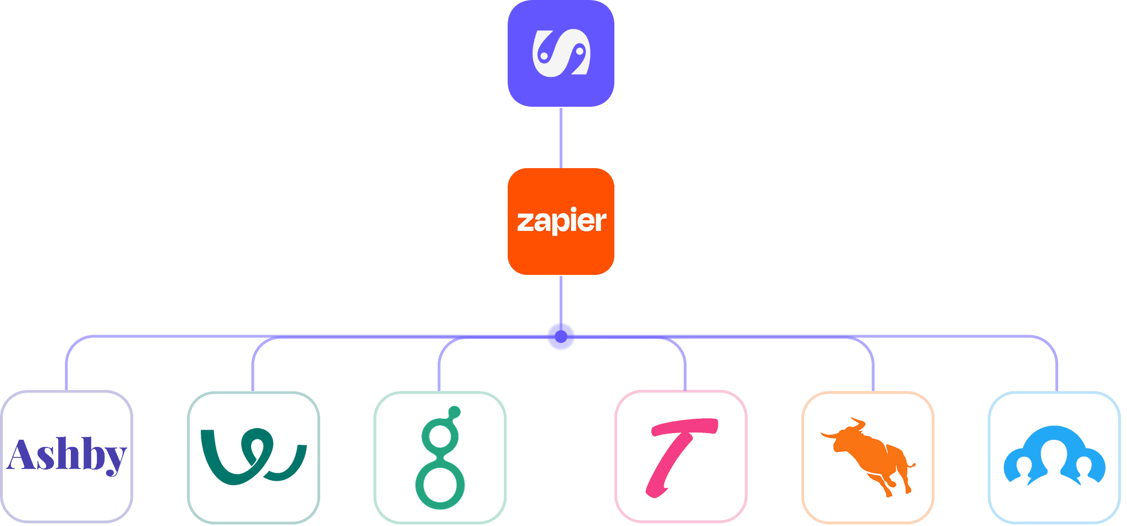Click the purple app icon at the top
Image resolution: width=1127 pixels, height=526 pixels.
point(561,53)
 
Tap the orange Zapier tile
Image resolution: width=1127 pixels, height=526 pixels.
point(561,221)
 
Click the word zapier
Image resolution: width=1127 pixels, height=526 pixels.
point(561,221)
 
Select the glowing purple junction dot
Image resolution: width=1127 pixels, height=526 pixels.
point(561,336)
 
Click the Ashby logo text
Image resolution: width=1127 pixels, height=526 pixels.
point(67,456)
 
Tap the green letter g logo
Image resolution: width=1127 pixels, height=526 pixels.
point(440,458)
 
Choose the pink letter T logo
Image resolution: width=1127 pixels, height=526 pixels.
point(681,457)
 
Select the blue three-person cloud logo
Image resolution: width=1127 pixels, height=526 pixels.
point(1055,455)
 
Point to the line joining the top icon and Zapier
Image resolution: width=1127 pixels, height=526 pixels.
point(561,138)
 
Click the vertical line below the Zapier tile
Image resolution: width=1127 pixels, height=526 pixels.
point(561,302)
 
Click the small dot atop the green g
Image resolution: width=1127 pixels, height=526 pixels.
point(455,413)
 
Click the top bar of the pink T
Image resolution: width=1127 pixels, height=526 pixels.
point(685,427)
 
